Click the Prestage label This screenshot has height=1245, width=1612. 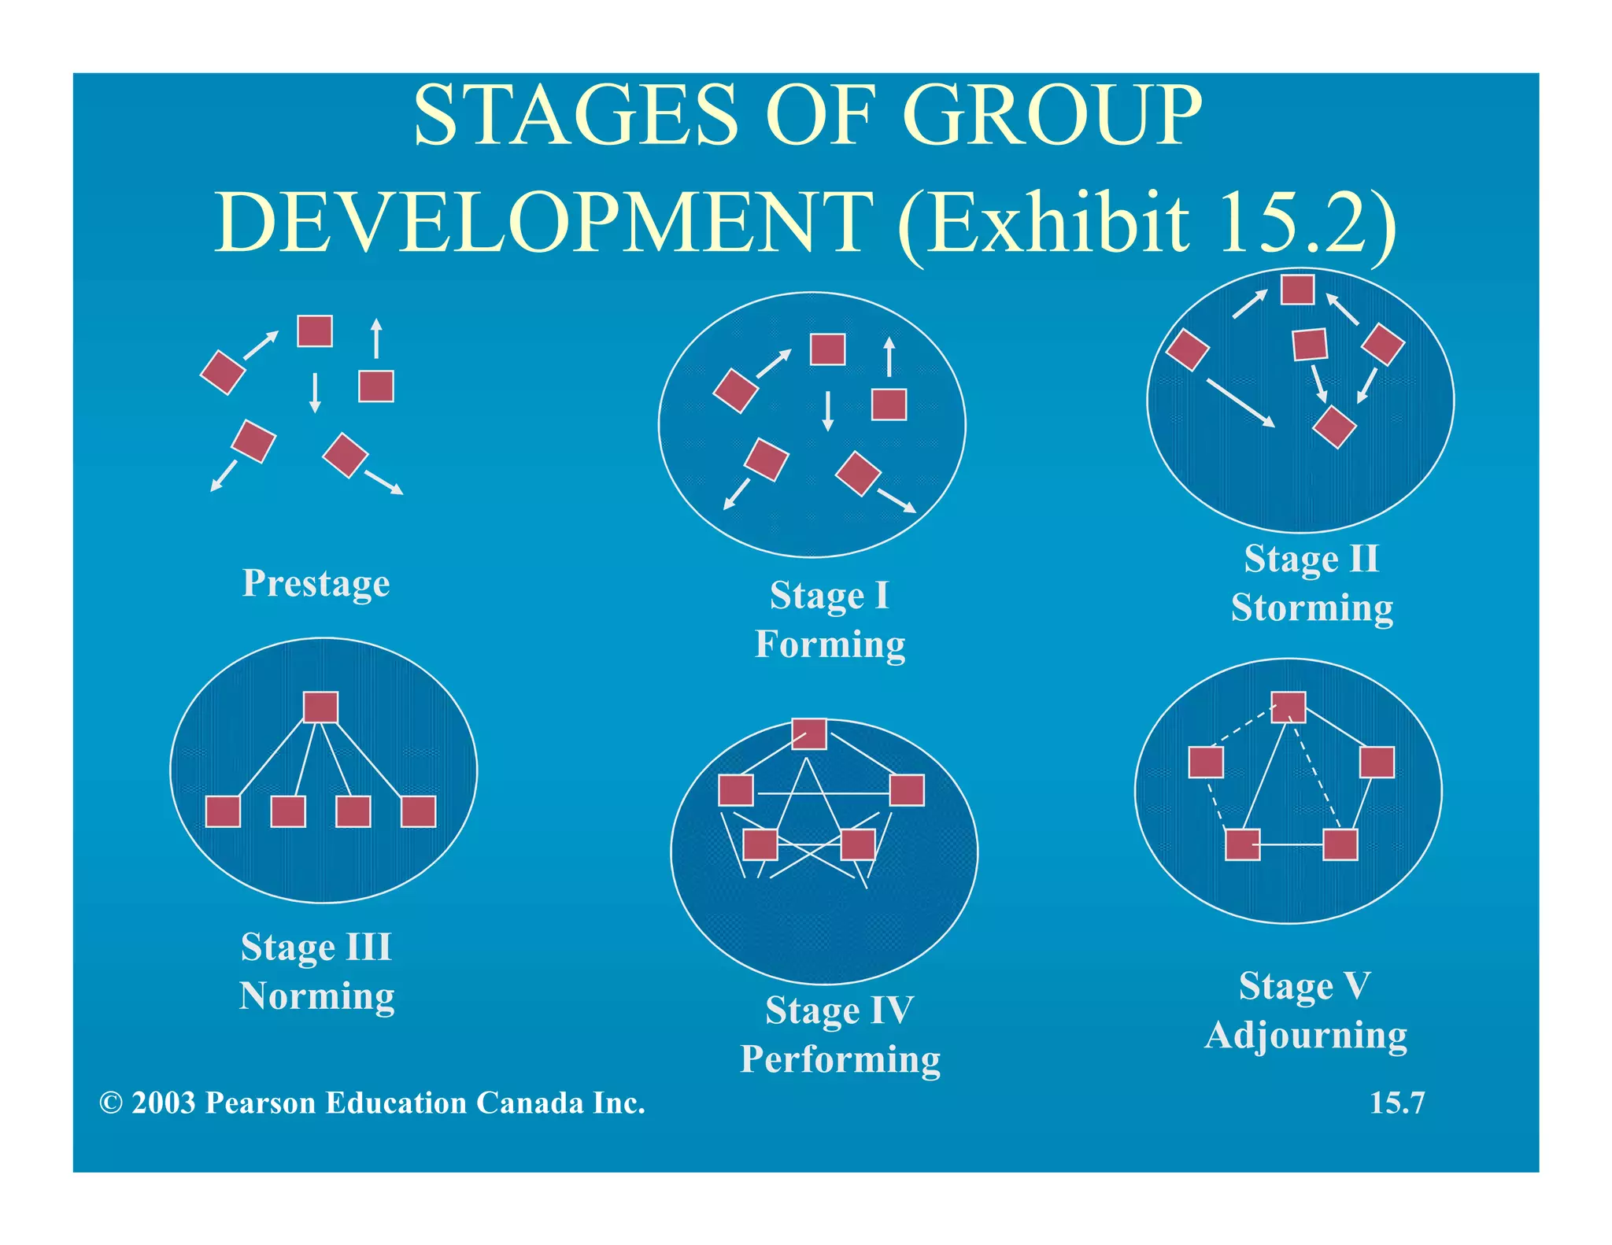point(316,583)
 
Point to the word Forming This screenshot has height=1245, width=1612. point(830,644)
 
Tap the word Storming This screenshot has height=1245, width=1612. point(1311,608)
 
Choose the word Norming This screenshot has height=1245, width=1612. point(316,996)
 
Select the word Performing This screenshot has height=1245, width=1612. point(840,1059)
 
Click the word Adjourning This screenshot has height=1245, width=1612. point(1306,1035)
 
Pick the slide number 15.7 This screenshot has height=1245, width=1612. point(1396,1103)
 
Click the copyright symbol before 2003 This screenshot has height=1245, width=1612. point(110,1103)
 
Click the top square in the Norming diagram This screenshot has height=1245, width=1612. point(320,707)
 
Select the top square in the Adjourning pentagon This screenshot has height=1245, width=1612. point(1288,707)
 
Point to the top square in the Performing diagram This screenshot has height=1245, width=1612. point(809,733)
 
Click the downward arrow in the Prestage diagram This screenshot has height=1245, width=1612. point(315,392)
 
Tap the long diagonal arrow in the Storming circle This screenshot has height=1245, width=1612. point(1240,403)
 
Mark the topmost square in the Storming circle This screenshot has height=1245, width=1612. point(1297,289)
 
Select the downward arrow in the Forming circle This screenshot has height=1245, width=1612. point(827,411)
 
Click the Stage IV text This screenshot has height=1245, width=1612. point(839,1010)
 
